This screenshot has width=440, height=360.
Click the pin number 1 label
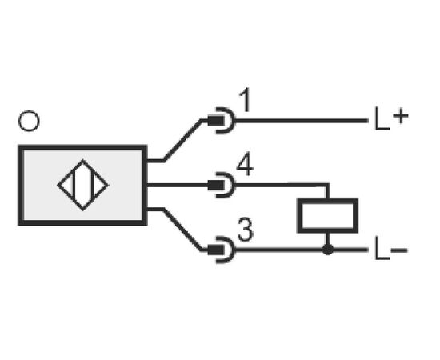[245, 100]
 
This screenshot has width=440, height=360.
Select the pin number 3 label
[246, 230]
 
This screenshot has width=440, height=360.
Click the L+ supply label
[391, 118]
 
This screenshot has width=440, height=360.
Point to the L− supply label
[391, 248]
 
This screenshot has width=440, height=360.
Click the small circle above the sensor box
[29, 121]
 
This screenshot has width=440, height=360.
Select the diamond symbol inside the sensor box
[82, 185]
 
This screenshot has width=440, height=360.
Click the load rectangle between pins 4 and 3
[327, 215]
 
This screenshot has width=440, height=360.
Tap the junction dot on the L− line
[328, 249]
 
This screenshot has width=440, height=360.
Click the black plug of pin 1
[216, 121]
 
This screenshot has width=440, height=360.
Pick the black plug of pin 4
[216, 185]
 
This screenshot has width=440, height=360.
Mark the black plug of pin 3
[216, 250]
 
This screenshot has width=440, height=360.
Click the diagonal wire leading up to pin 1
[182, 140]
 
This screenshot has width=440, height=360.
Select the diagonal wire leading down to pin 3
[182, 230]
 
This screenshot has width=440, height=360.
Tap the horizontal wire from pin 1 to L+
[302, 121]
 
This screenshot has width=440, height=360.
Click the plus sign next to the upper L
[401, 115]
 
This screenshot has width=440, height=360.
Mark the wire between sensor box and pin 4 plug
[178, 185]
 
